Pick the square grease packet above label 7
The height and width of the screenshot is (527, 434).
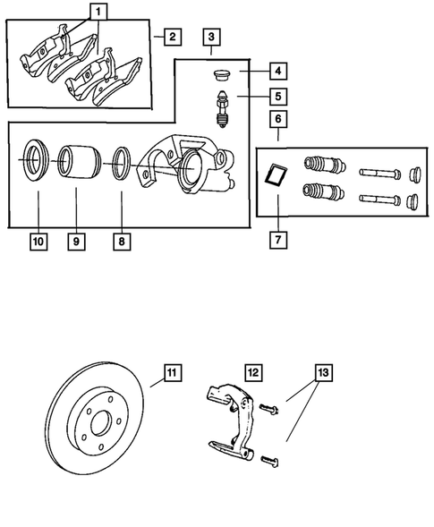[277, 174]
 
